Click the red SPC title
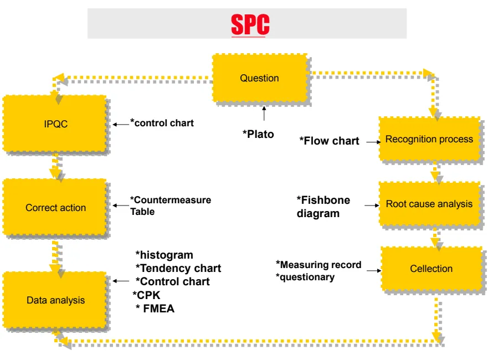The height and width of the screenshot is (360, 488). coord(250,24)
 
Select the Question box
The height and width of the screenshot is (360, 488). coord(259,78)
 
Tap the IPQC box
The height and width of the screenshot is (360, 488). coord(55,124)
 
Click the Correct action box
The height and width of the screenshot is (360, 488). coord(55,208)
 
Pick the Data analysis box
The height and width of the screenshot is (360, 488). coord(55,300)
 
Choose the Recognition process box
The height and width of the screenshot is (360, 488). coord(429,139)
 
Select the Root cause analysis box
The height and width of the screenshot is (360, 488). coord(429,204)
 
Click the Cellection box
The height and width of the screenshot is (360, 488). coord(431,269)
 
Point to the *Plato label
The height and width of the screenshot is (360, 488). coord(258,134)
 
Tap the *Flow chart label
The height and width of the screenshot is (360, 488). coord(330,141)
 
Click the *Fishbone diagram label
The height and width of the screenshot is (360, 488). coord(324,207)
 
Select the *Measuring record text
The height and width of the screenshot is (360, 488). coord(319,265)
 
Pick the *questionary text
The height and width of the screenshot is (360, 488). coord(305,277)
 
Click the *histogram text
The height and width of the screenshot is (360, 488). coord(165,255)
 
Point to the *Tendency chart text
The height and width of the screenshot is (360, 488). coord(178,269)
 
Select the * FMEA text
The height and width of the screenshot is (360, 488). coord(155,309)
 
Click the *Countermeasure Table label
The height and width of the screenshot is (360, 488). coord(171,205)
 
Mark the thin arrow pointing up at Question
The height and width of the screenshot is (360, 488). coord(264,114)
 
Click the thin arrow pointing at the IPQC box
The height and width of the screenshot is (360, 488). coord(120,125)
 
